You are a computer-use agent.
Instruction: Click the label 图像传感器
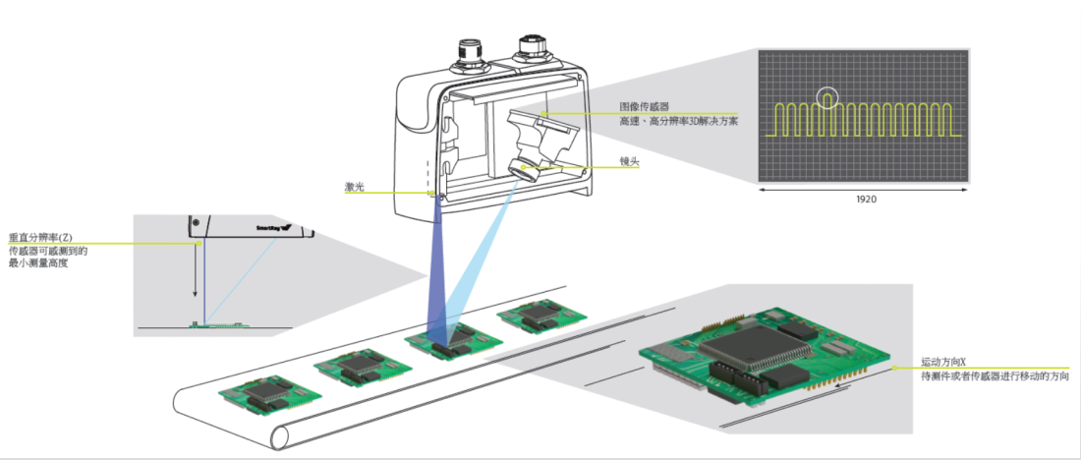click(x=642, y=106)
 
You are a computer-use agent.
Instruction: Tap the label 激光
click(x=354, y=185)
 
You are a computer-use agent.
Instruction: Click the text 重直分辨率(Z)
click(x=42, y=238)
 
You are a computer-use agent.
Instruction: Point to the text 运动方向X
click(x=944, y=362)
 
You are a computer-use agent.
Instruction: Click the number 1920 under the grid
click(x=864, y=199)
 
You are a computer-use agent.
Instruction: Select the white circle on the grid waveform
click(x=828, y=97)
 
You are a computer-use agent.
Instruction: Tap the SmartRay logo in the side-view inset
click(x=277, y=228)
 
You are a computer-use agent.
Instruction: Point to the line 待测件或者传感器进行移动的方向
click(x=993, y=376)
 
